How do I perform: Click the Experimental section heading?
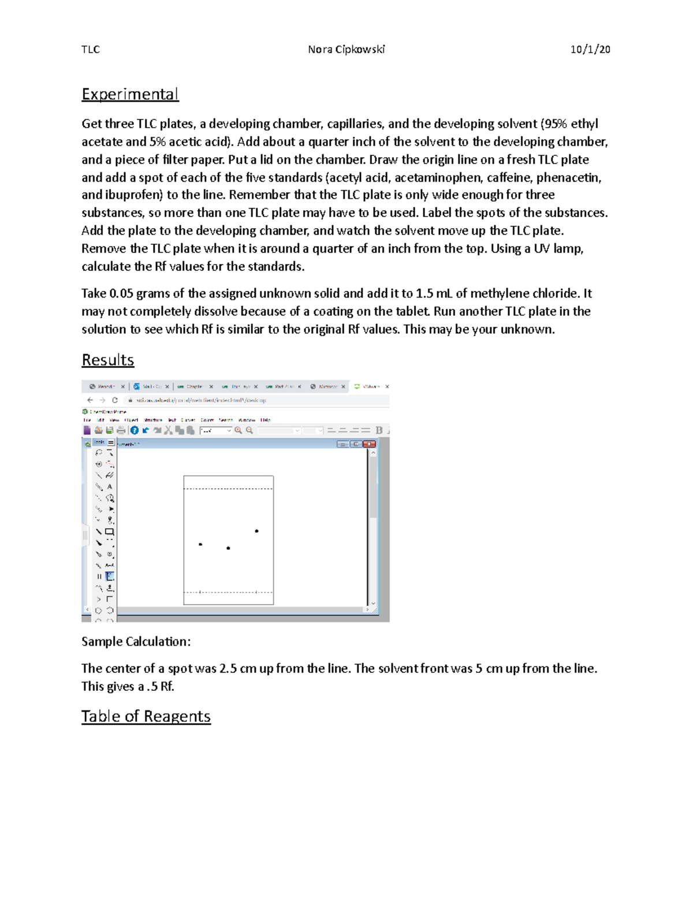pyautogui.click(x=130, y=94)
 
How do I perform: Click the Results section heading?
pyautogui.click(x=108, y=360)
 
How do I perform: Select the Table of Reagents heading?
pyautogui.click(x=146, y=716)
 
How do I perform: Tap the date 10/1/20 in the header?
pyautogui.click(x=590, y=49)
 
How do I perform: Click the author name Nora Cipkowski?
pyautogui.click(x=346, y=49)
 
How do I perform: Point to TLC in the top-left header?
pyautogui.click(x=91, y=49)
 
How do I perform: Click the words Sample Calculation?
pyautogui.click(x=136, y=642)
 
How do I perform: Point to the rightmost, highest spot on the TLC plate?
pyautogui.click(x=256, y=531)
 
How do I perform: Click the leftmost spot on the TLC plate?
pyautogui.click(x=200, y=544)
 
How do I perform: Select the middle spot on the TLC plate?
pyautogui.click(x=228, y=548)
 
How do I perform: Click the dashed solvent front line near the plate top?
pyautogui.click(x=228, y=489)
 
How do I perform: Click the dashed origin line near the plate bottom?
pyautogui.click(x=228, y=592)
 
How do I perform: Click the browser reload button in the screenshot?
pyautogui.click(x=115, y=400)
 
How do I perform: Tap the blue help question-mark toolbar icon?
pyautogui.click(x=134, y=430)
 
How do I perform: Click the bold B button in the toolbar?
pyautogui.click(x=379, y=430)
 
